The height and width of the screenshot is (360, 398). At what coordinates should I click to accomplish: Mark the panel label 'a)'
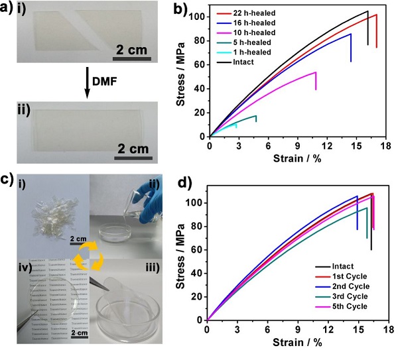(x=7, y=9)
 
